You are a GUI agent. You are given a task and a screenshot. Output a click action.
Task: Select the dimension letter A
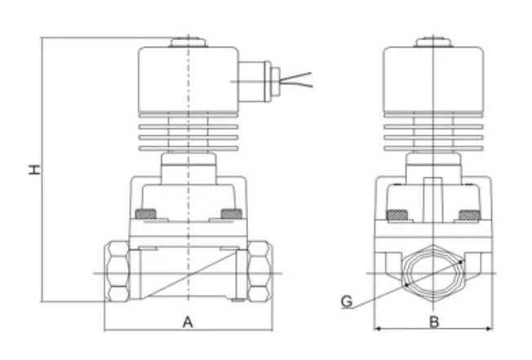(x=188, y=322)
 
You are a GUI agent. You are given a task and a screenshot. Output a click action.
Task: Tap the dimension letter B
(x=434, y=322)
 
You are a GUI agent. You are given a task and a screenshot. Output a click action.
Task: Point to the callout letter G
(x=347, y=302)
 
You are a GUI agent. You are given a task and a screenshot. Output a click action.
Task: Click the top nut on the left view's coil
(x=188, y=40)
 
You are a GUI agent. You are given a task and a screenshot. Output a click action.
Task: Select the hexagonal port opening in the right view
(x=434, y=272)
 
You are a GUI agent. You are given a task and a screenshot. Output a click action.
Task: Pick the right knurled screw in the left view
(x=232, y=216)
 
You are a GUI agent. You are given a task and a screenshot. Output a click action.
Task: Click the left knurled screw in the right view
(x=397, y=216)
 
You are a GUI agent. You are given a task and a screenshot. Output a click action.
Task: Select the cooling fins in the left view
(x=188, y=136)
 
